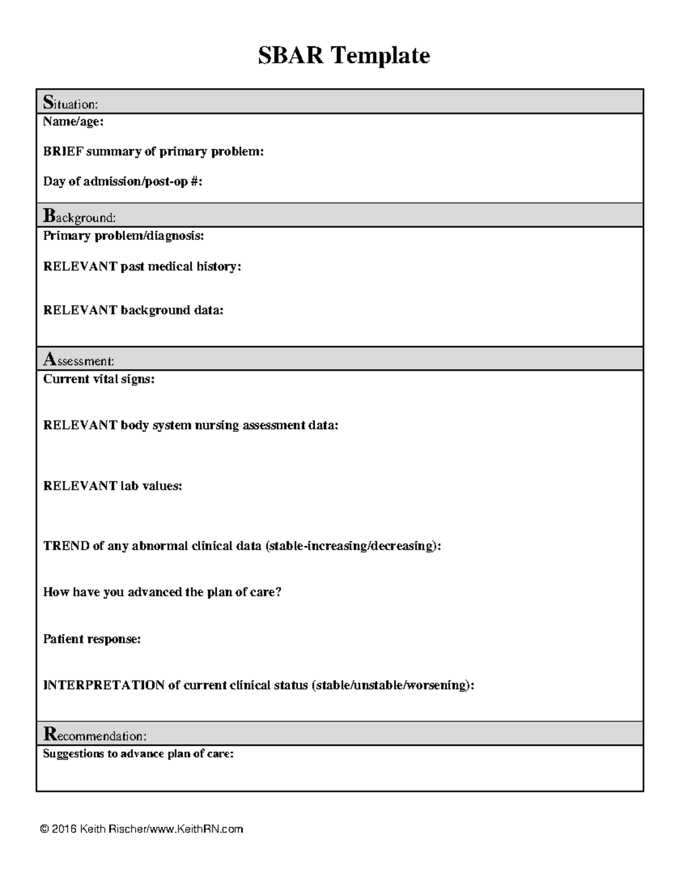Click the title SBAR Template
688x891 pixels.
(x=343, y=56)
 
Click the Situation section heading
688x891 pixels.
(x=71, y=103)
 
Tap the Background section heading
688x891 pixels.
(x=79, y=216)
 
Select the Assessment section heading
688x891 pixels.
(x=79, y=360)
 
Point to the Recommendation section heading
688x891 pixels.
(x=95, y=734)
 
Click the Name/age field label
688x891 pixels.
(x=73, y=122)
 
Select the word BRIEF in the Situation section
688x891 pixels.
(x=63, y=151)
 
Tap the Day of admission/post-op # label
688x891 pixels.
(x=123, y=181)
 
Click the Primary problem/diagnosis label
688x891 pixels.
(x=123, y=236)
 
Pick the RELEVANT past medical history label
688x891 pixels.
(x=142, y=266)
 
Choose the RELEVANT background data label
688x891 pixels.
(x=133, y=310)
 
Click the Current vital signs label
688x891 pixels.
(x=99, y=379)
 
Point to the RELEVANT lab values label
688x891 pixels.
(x=112, y=486)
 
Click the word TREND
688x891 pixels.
(x=66, y=546)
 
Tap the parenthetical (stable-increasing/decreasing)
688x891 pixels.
(x=353, y=546)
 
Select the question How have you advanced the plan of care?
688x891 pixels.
(x=162, y=592)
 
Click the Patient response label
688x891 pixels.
(x=92, y=639)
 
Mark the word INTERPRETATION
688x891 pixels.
(x=104, y=685)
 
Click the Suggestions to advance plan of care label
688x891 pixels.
(x=138, y=754)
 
